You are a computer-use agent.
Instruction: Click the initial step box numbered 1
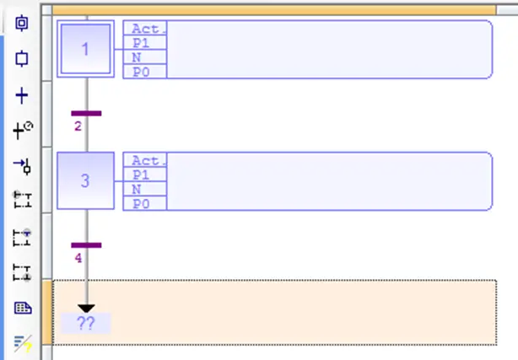85,49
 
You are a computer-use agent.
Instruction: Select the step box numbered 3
85,180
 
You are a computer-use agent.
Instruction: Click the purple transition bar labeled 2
86,113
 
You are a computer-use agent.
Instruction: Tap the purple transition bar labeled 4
86,245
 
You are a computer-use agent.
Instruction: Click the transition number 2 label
78,126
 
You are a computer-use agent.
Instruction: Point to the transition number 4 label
78,258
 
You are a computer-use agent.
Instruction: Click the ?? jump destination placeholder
86,323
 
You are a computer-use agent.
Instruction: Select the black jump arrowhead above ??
86,309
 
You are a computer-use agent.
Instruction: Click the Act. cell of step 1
145,28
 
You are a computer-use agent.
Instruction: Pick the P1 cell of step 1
145,43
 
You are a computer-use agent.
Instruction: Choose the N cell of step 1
145,57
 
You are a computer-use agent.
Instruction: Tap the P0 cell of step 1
145,72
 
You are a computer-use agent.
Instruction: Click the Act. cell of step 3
145,160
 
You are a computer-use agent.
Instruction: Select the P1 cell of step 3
145,175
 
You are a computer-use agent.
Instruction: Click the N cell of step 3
145,189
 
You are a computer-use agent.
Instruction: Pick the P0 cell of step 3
145,203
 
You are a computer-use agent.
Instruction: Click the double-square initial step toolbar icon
22,23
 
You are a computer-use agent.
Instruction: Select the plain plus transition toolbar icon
22,96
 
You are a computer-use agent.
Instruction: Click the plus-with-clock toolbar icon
23,130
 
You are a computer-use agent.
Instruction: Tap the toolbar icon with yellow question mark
23,343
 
